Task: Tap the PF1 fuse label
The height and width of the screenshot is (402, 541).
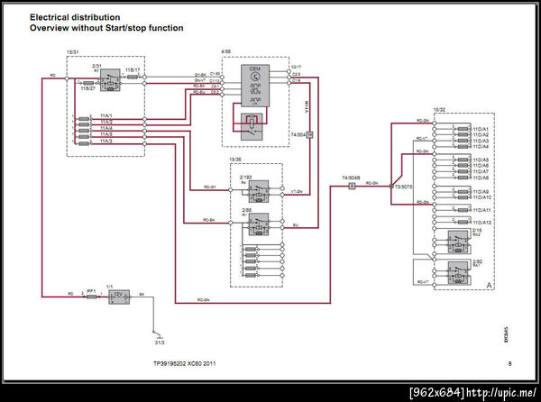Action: pyautogui.click(x=90, y=290)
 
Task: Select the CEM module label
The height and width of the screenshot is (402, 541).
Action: pyautogui.click(x=254, y=69)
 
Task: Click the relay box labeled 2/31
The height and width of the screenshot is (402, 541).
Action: pyautogui.click(x=108, y=78)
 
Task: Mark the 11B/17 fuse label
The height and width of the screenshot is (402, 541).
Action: pyautogui.click(x=132, y=69)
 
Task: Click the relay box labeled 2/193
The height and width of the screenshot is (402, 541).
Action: pyautogui.click(x=260, y=191)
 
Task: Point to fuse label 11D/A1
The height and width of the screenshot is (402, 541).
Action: pyautogui.click(x=481, y=129)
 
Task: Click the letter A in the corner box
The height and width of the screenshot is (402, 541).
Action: pyautogui.click(x=488, y=286)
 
